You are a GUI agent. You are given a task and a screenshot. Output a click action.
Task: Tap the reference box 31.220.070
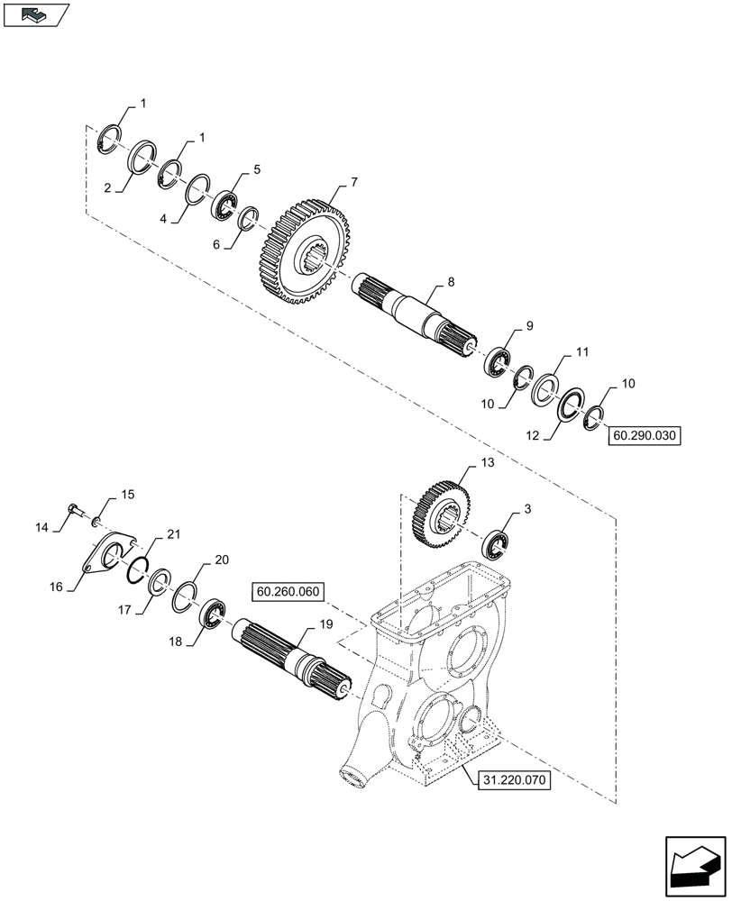pyautogui.click(x=509, y=780)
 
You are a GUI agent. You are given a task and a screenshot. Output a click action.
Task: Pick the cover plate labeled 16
pyautogui.click(x=106, y=556)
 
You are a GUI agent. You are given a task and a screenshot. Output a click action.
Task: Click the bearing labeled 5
pyautogui.click(x=224, y=206)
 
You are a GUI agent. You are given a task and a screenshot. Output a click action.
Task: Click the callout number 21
pyautogui.click(x=173, y=535)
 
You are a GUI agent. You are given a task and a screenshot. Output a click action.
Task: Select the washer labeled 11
pyautogui.click(x=544, y=388)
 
